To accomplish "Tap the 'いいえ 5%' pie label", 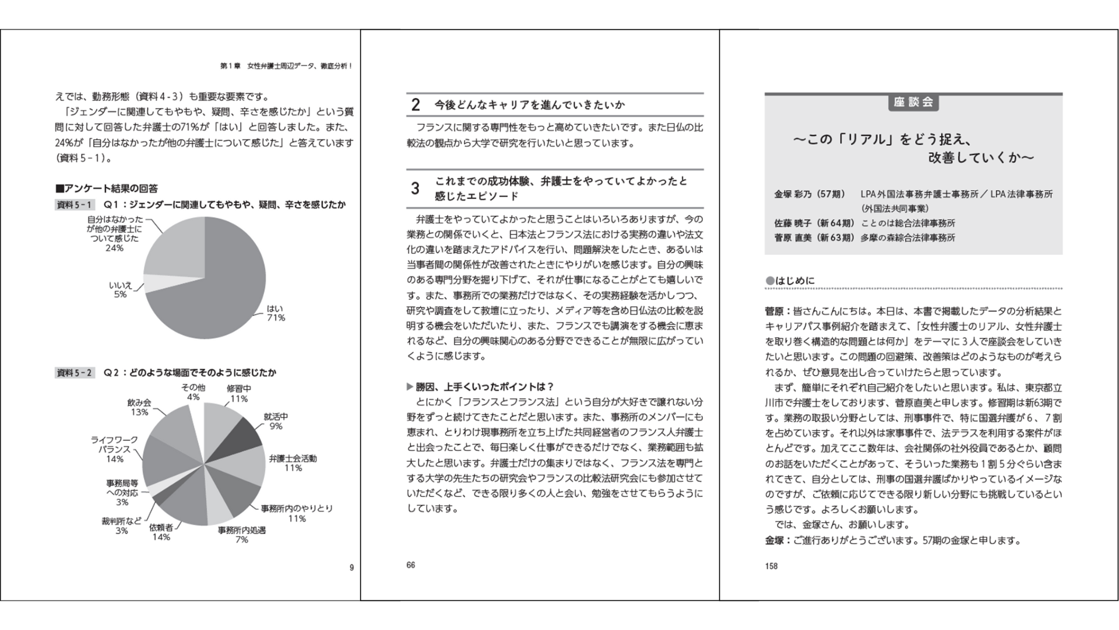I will [x=121, y=290].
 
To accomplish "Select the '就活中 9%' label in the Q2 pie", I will [x=276, y=421].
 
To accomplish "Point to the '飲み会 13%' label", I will [x=139, y=407].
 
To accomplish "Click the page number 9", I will [x=351, y=568].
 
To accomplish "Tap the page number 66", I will [x=411, y=565].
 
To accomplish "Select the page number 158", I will [x=772, y=566].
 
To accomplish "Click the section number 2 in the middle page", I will [x=416, y=105].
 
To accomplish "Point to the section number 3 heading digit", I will [x=415, y=188].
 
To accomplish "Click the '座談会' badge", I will [x=913, y=103].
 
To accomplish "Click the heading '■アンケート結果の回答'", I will [x=107, y=188].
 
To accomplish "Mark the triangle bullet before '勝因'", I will [x=410, y=387].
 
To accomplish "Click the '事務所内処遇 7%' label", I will [x=242, y=535].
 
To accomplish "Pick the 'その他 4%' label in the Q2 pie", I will [x=193, y=392].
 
